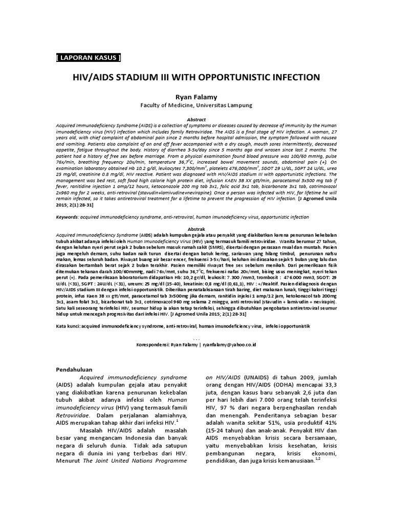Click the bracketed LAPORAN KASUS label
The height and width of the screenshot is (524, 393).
pos(88,57)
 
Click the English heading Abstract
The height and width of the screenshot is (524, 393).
pos(196,119)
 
